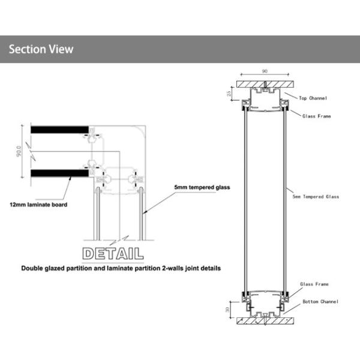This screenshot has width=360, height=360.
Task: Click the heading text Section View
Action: pos(41,49)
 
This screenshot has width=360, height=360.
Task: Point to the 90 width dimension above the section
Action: pos(265,71)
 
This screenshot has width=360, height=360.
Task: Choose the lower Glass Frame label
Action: pos(313,286)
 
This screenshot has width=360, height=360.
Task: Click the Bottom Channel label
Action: pos(320,301)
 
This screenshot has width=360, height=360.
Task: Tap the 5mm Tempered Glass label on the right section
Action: pos(316,196)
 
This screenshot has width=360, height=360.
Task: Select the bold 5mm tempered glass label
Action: pos(202,187)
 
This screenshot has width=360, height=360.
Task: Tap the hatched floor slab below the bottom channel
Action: pos(265,321)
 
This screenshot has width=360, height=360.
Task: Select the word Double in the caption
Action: pos(34,268)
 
